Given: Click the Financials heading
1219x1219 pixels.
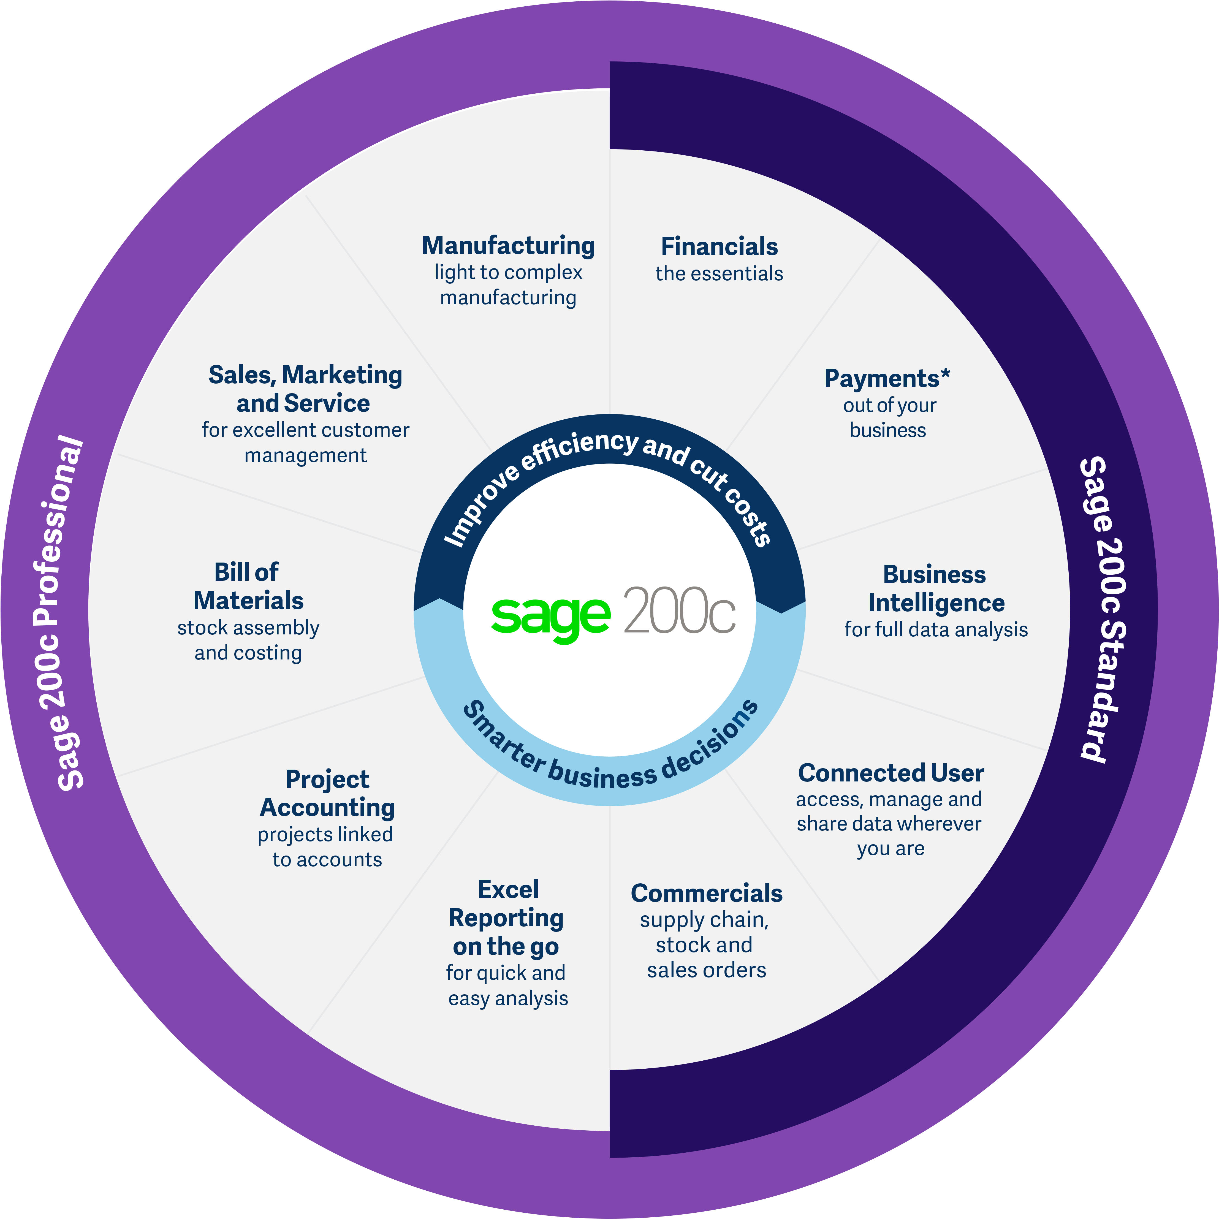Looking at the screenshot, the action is (x=719, y=246).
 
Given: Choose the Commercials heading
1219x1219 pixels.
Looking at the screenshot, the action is (x=707, y=894).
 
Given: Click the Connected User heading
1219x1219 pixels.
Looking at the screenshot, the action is (x=891, y=773).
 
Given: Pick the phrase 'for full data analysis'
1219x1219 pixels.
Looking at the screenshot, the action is (x=936, y=630).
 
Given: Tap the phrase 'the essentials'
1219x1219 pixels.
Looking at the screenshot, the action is (x=719, y=274).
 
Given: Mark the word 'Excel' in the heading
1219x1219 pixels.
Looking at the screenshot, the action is (x=509, y=890).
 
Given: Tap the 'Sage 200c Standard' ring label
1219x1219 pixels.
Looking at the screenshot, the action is (x=1102, y=610).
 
